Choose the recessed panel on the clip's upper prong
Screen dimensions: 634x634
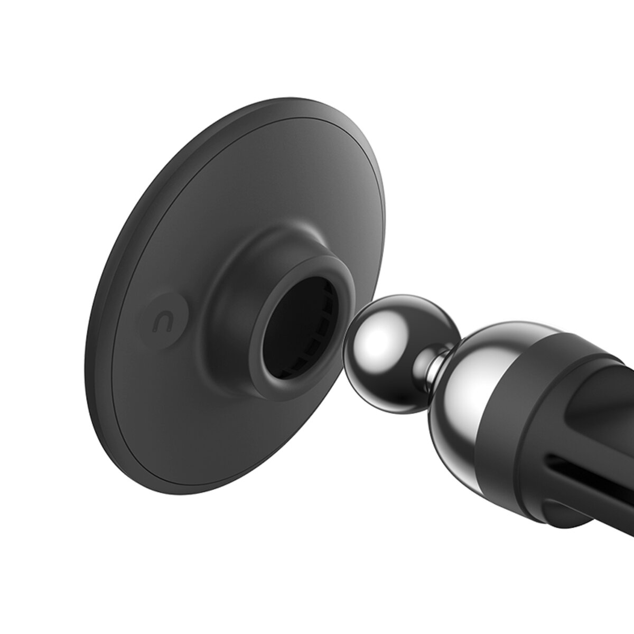click(592, 380)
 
